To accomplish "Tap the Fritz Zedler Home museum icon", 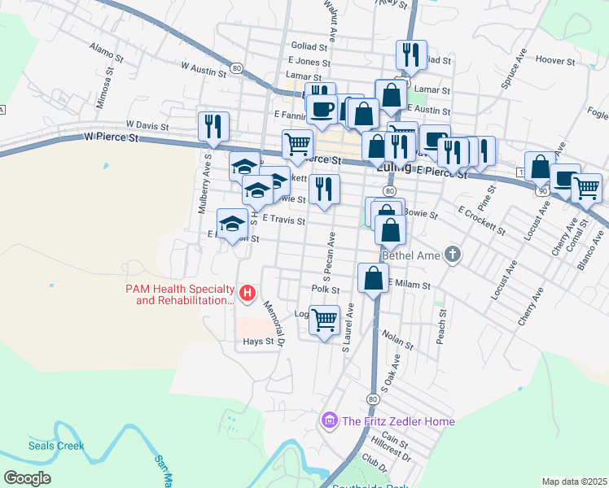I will tap(329, 421).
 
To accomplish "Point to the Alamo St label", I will tap(106, 53).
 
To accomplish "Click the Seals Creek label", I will tap(56, 446).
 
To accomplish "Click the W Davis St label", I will tap(147, 127).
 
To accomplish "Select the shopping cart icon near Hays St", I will tap(325, 320).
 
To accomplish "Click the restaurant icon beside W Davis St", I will tap(213, 125).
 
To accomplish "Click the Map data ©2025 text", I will tap(574, 481).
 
